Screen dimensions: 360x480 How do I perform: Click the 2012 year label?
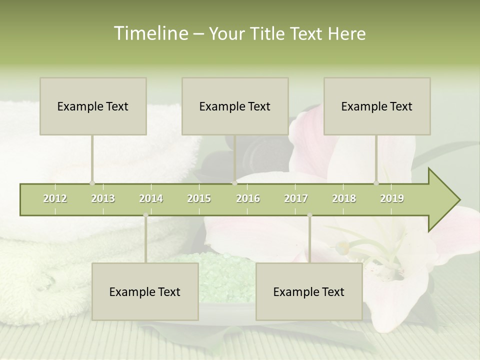(x=55, y=198)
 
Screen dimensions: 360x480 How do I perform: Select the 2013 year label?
(x=103, y=198)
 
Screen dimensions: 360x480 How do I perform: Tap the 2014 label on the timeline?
(x=151, y=198)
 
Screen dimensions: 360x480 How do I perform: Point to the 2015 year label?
(x=199, y=198)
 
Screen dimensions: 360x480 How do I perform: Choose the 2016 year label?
(x=248, y=198)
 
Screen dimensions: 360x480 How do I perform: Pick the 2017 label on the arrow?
(x=296, y=198)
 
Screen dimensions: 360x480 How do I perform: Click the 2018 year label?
(x=344, y=198)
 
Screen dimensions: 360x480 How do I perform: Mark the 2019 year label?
(x=392, y=198)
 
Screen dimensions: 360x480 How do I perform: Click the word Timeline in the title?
(x=150, y=33)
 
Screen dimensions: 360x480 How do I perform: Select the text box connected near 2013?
(x=93, y=106)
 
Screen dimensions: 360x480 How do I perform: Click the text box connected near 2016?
(x=235, y=106)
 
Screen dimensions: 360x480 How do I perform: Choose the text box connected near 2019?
(x=377, y=106)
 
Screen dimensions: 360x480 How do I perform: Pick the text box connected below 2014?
(x=145, y=291)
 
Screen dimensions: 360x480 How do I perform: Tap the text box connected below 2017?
(x=309, y=291)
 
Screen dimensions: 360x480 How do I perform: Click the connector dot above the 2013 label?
(x=92, y=183)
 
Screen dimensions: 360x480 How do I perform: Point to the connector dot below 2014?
(x=145, y=215)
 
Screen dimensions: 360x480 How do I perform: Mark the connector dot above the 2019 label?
(x=376, y=183)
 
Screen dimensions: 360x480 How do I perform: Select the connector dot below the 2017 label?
(x=309, y=215)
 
